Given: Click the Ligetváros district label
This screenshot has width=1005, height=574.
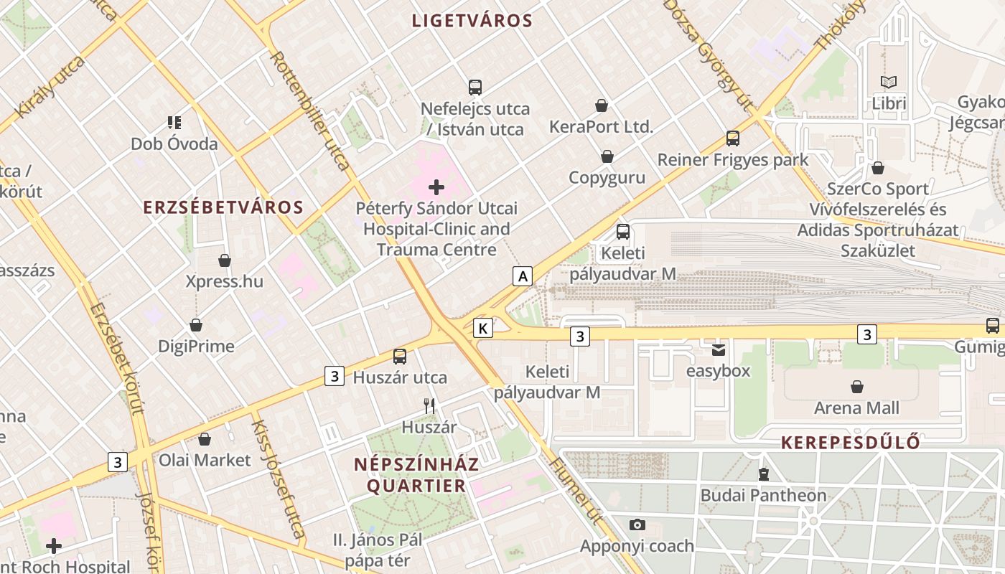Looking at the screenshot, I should [x=472, y=21].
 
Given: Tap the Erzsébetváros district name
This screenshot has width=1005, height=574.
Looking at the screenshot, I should [x=223, y=207].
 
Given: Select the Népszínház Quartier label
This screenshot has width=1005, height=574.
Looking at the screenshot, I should [x=416, y=475].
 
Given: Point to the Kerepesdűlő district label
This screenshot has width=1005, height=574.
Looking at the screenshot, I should [x=851, y=442].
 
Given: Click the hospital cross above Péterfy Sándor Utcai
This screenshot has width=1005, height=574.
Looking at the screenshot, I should [x=436, y=188].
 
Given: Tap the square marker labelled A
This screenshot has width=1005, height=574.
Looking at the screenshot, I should [x=523, y=276].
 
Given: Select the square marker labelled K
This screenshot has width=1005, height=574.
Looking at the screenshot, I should [x=483, y=329].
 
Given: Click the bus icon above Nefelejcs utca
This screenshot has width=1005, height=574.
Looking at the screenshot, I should [x=475, y=88].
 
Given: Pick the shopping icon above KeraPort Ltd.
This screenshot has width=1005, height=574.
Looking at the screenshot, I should [x=602, y=106].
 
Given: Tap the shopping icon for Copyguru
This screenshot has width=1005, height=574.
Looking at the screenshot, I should [x=607, y=156].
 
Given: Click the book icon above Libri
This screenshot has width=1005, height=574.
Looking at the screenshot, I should [x=889, y=83].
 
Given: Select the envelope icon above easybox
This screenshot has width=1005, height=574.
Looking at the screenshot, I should [x=718, y=351].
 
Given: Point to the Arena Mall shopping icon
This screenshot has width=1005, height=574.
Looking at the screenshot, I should [x=856, y=387].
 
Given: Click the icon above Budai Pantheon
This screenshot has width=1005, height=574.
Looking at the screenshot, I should [x=763, y=474].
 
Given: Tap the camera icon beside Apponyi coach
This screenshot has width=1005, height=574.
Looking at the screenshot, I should [x=637, y=524].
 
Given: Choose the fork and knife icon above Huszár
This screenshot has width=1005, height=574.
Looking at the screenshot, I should [x=429, y=406].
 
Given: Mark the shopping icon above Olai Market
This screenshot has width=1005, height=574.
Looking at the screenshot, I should [x=205, y=439].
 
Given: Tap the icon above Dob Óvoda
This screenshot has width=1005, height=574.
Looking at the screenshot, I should [x=174, y=123].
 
